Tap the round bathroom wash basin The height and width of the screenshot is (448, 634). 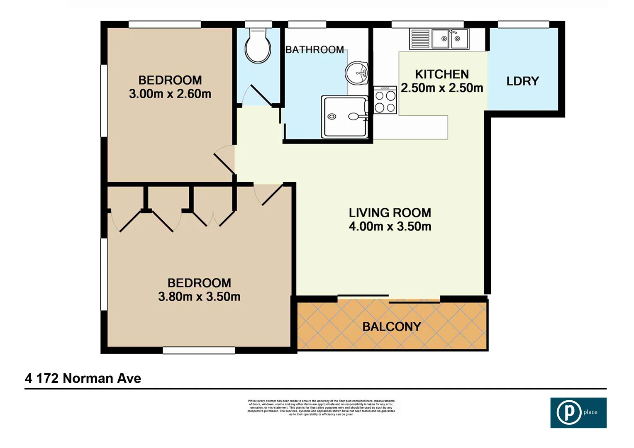[357, 73]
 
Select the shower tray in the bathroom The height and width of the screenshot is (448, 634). [345, 117]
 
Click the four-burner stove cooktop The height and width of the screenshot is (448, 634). [385, 100]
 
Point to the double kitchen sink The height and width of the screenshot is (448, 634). [450, 39]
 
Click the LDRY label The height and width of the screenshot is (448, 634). [522, 81]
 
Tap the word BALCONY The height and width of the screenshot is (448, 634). [392, 327]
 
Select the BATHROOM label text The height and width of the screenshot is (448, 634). [315, 50]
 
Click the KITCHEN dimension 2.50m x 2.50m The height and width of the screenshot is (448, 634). [442, 88]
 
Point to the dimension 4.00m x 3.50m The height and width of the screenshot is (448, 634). [390, 226]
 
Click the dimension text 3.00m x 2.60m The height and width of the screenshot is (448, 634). [170, 94]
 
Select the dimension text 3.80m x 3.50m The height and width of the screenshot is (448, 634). [199, 297]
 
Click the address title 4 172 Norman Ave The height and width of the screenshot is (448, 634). [83, 378]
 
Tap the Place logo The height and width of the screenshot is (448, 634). [578, 412]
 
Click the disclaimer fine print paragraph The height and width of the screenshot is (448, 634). [321, 407]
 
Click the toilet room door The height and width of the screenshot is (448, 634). [260, 95]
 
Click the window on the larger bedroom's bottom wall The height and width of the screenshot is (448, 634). [199, 351]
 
